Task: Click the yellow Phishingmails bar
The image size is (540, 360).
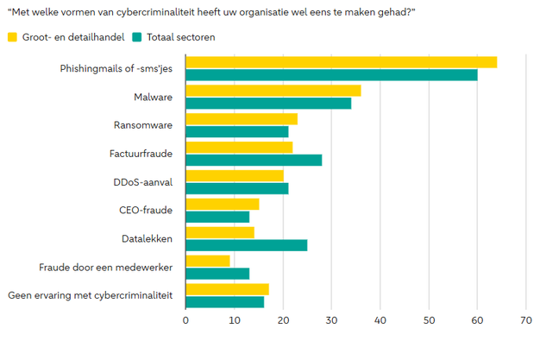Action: click(x=341, y=62)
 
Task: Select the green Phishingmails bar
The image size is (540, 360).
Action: click(x=331, y=75)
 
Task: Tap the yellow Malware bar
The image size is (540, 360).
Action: click(x=273, y=91)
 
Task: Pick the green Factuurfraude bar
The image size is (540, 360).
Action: click(x=254, y=160)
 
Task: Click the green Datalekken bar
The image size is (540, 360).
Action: click(x=246, y=245)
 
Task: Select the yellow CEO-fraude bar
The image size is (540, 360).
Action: click(x=222, y=204)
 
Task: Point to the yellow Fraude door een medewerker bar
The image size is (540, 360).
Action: click(x=208, y=261)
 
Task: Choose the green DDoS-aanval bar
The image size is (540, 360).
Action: click(x=237, y=188)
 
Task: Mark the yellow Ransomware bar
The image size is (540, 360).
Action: click(x=242, y=119)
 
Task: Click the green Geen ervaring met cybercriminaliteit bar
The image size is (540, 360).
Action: click(x=224, y=302)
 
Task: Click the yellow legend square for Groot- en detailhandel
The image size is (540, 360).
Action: click(x=12, y=37)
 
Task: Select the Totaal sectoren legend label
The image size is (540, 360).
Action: click(x=181, y=37)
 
